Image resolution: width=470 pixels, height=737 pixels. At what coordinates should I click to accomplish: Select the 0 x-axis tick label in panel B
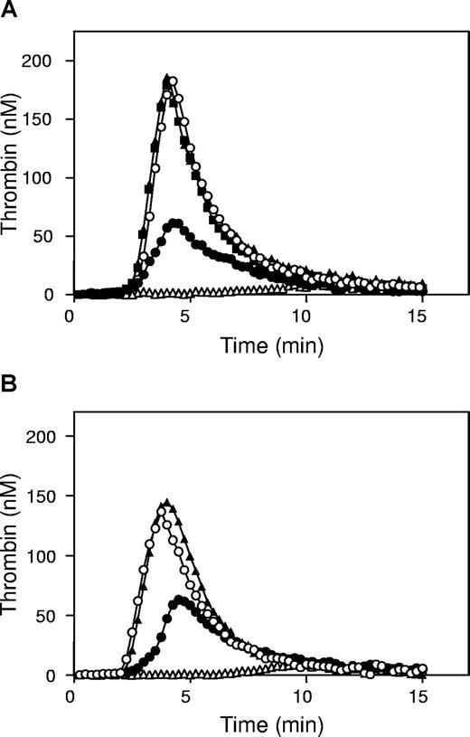click(x=70, y=697)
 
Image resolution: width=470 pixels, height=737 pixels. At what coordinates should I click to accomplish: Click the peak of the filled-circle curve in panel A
click(x=176, y=222)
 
